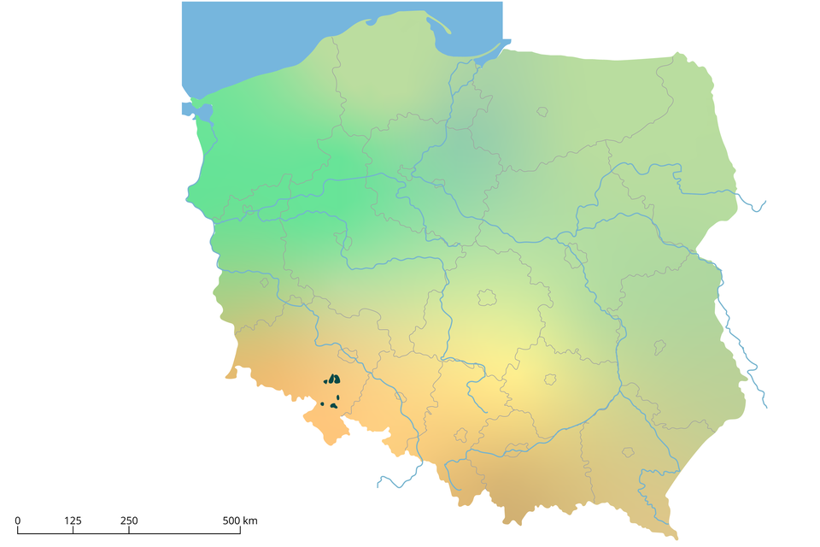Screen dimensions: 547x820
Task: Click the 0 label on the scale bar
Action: [18, 521]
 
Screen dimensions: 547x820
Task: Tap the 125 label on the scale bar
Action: [73, 521]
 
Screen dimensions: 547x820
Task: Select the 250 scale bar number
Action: [128, 521]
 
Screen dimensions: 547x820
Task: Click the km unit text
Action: [250, 521]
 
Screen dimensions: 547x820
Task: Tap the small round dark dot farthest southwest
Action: [322, 403]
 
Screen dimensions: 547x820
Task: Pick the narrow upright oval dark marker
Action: [338, 397]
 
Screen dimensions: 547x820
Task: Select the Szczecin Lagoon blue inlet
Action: [190, 109]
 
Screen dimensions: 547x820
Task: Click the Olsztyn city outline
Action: [542, 111]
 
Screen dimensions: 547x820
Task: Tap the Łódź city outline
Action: [487, 297]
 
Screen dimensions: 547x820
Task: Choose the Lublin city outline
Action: [659, 347]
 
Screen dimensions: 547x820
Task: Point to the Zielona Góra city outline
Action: [264, 282]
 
